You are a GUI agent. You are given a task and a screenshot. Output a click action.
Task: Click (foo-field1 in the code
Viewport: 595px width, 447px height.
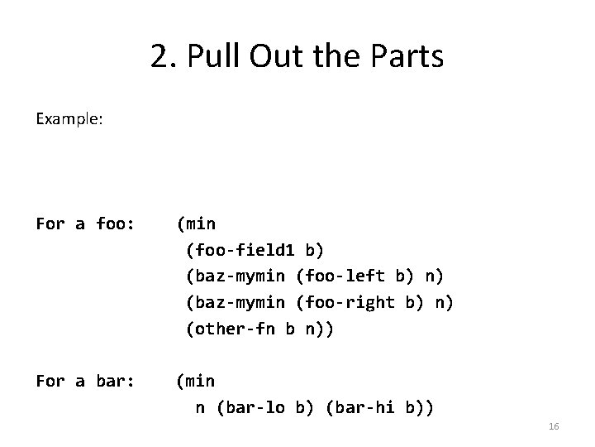click(x=240, y=250)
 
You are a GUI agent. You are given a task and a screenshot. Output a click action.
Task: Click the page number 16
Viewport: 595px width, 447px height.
click(x=554, y=426)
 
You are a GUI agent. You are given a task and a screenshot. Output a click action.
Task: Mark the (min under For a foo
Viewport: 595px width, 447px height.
click(x=195, y=223)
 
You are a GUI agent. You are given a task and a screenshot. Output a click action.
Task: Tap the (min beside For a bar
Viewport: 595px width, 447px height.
click(x=195, y=382)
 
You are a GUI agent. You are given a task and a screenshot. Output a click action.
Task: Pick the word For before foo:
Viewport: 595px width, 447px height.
click(x=50, y=223)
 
